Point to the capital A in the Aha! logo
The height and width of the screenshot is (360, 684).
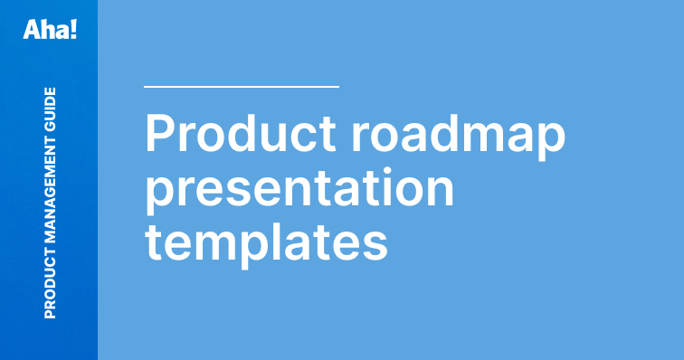32,30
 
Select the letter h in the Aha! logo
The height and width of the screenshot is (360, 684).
46,30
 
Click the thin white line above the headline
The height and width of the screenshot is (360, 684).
242,87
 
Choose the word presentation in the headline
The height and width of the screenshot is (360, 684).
299,186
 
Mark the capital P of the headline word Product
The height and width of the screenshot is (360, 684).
161,135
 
